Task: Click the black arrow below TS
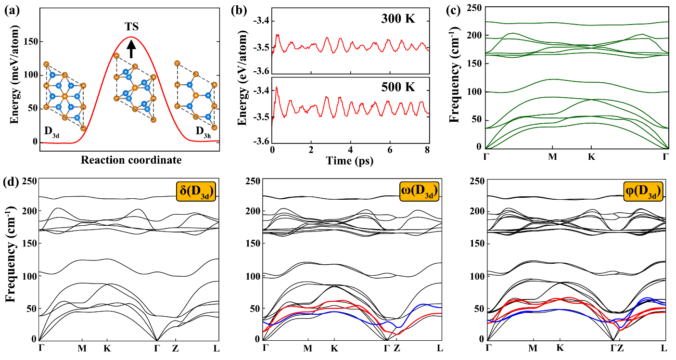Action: coord(131,49)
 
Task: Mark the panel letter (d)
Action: coord(12,183)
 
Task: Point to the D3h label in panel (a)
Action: coord(202,131)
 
